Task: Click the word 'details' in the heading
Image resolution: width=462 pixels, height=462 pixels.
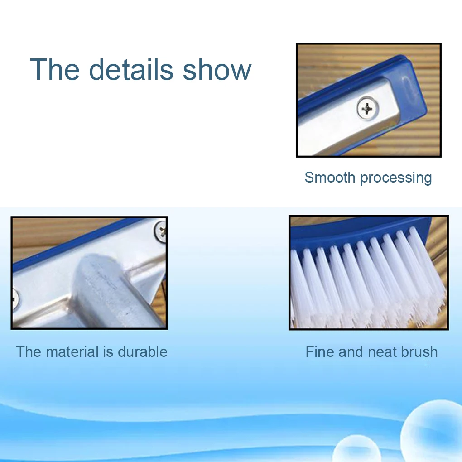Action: tap(131, 69)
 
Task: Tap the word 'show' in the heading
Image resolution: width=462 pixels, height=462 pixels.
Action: tap(217, 69)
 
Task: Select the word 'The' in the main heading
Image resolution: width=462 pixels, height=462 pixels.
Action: tap(55, 69)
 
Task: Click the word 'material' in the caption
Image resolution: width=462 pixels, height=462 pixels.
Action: tap(72, 351)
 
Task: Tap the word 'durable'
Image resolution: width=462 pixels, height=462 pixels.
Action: tap(143, 351)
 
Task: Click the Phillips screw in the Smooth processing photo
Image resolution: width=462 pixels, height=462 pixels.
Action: tap(367, 109)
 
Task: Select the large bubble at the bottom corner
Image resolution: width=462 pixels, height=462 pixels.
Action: tap(433, 431)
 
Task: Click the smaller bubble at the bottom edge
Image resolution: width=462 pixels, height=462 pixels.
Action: tap(357, 449)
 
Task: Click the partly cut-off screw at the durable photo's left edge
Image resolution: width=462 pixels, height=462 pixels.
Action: tap(15, 299)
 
